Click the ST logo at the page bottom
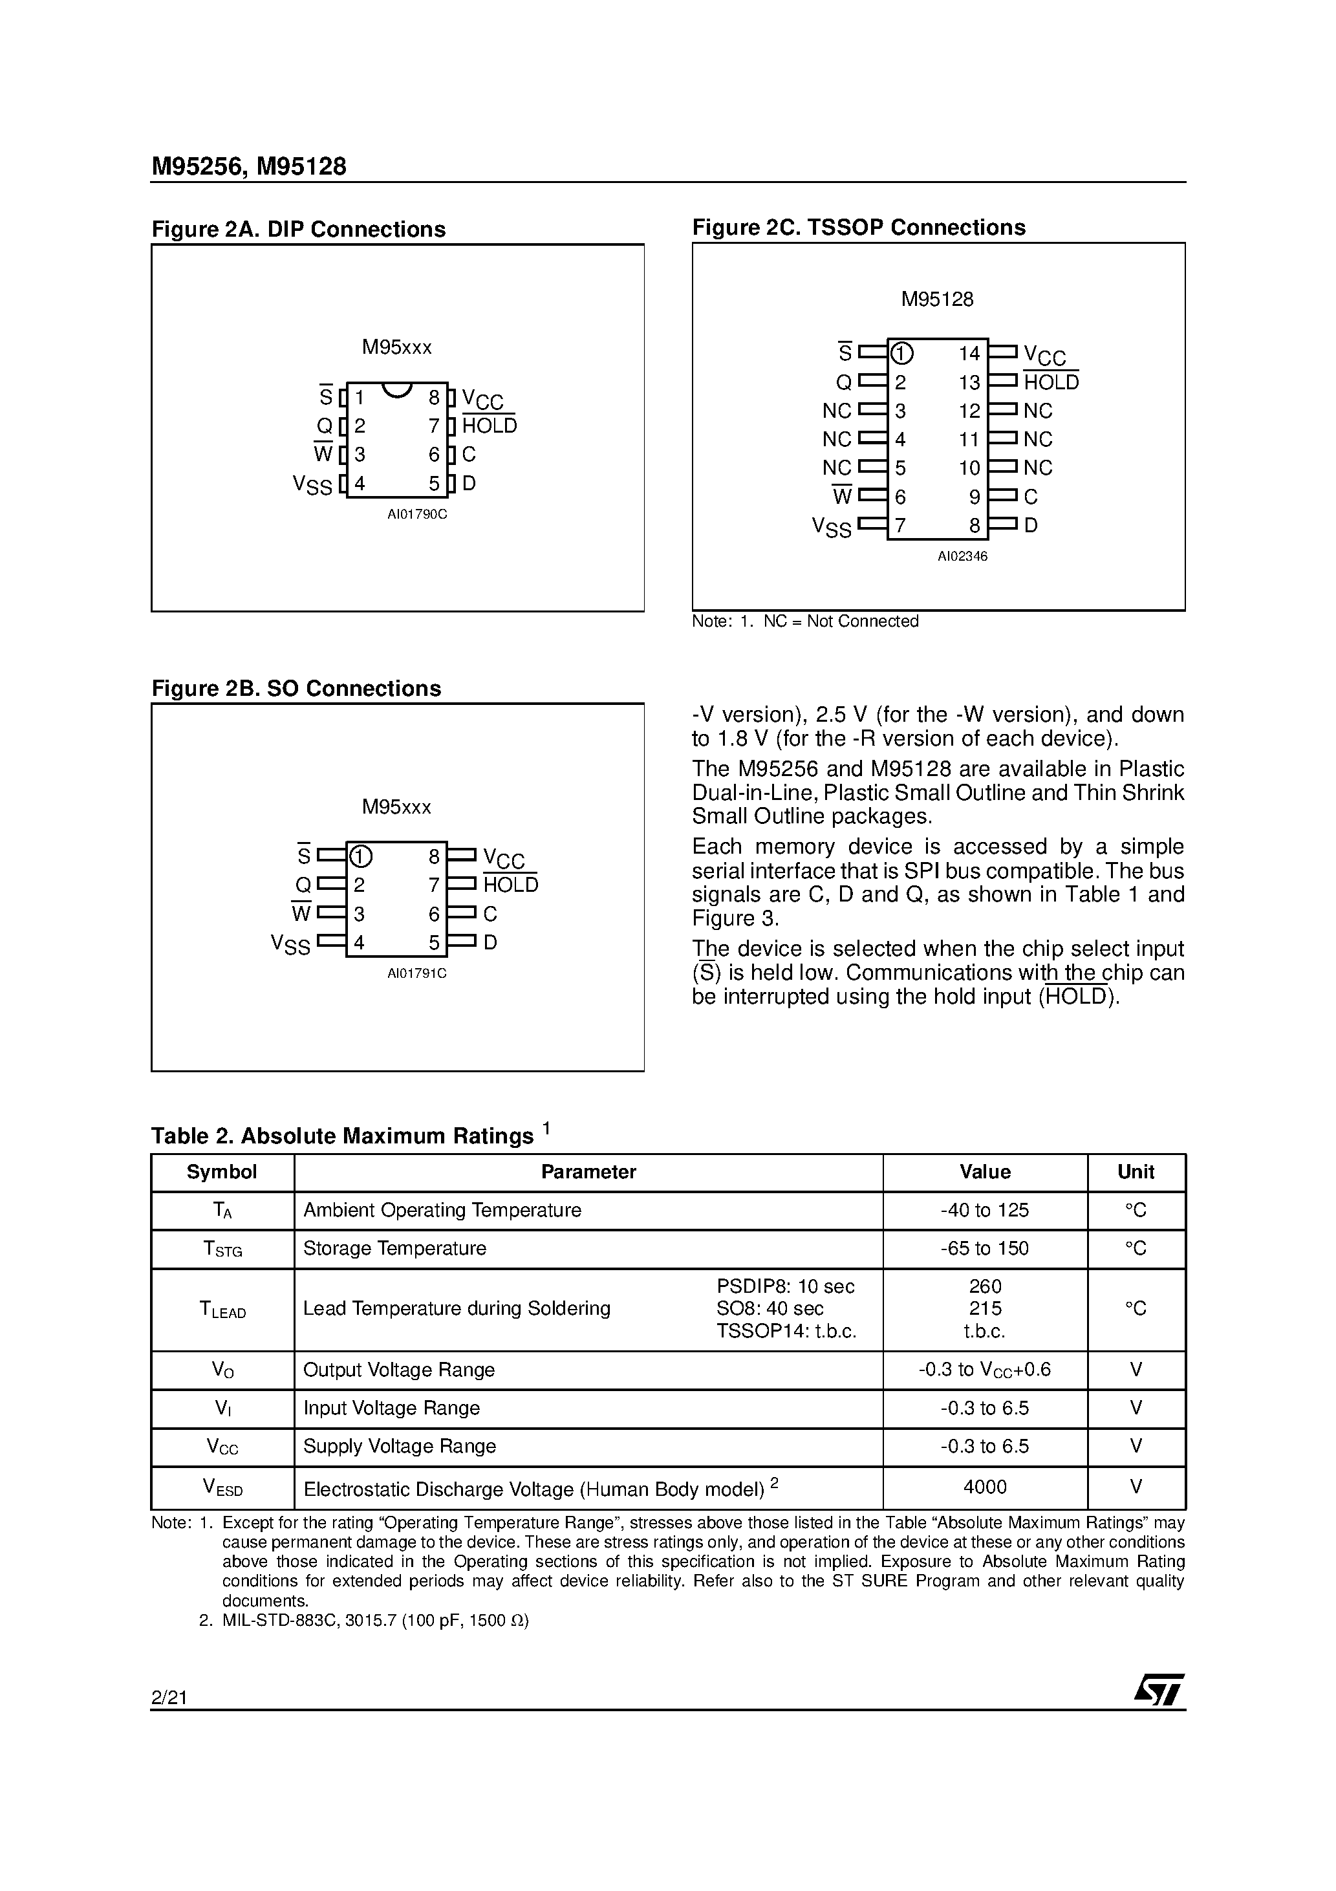click(1159, 1689)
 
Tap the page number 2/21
click(169, 1698)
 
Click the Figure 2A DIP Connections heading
click(298, 229)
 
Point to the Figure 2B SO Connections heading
click(296, 689)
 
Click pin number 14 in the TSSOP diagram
click(969, 354)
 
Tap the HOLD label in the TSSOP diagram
click(1050, 382)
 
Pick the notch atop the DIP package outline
click(397, 389)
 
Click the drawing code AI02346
click(962, 557)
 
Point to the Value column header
click(984, 1172)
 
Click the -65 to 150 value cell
click(984, 1249)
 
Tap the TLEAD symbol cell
click(222, 1310)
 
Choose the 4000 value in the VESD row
click(984, 1487)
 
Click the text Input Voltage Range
click(391, 1409)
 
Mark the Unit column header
click(1135, 1172)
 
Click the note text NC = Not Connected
click(840, 621)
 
